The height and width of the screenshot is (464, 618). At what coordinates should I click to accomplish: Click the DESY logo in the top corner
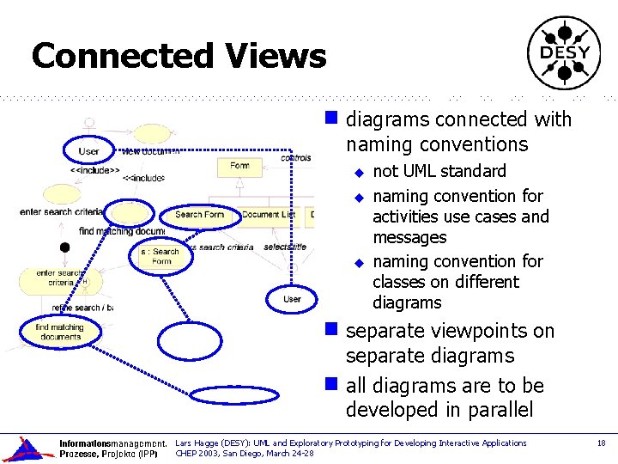coord(564,53)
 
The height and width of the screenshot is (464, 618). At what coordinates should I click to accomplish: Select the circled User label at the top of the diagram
coord(89,151)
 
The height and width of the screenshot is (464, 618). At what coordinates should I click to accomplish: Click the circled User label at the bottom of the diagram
coord(293,298)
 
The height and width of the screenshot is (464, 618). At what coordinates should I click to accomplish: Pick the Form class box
coord(239,166)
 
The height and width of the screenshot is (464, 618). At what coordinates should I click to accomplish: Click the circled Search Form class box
coord(199,215)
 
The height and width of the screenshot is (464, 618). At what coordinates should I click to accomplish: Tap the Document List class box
coord(268,215)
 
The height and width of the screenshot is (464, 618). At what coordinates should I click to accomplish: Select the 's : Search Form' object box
coord(162,256)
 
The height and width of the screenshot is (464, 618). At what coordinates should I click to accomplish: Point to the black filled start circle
coord(64,247)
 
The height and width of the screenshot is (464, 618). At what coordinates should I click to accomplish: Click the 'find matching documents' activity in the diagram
coord(59,332)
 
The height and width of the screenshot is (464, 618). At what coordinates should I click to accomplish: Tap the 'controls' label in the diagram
coord(296,157)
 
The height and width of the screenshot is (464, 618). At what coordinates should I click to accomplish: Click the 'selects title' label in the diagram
coord(286,247)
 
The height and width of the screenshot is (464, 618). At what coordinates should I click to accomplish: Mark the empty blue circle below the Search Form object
coord(195,338)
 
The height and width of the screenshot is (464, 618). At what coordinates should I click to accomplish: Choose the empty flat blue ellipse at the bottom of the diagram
coord(222,394)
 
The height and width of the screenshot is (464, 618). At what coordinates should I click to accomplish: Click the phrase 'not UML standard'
coord(439,171)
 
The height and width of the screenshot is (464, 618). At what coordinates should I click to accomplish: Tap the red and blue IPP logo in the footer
coord(27,449)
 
